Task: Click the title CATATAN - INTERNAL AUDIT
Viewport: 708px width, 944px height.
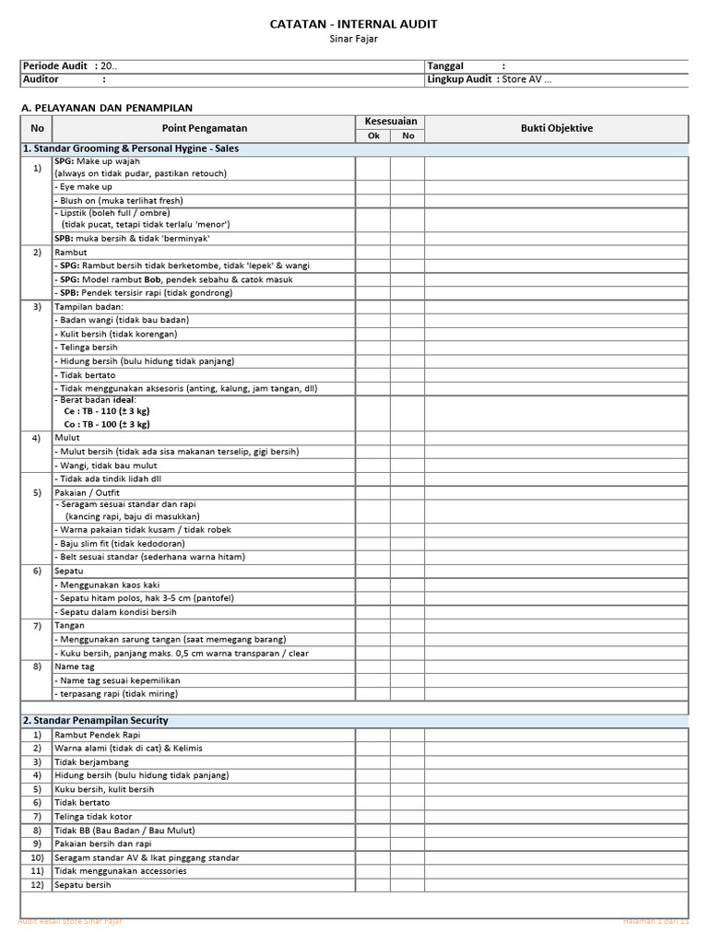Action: pos(353,24)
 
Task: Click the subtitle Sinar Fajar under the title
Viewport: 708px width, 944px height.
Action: pos(353,39)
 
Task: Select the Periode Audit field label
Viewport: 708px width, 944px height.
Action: pos(54,66)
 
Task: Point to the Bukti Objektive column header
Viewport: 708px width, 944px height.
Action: pos(556,128)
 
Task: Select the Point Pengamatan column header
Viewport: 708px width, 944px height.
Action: pos(205,128)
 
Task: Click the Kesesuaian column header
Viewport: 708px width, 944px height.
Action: pos(390,122)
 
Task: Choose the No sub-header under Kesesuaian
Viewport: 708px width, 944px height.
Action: pos(407,136)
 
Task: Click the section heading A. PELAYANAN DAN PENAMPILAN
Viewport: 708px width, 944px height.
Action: pos(107,108)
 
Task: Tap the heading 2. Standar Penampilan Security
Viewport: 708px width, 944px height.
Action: pos(95,720)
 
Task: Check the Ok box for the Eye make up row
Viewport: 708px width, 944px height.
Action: pos(373,186)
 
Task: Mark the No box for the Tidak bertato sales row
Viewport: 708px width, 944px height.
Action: pos(407,375)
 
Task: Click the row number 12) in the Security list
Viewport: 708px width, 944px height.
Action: pos(37,885)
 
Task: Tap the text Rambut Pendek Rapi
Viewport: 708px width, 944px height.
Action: pos(95,735)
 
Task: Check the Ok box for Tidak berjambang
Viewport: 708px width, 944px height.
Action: pos(373,762)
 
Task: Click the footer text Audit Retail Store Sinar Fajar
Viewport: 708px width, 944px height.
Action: pos(70,921)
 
